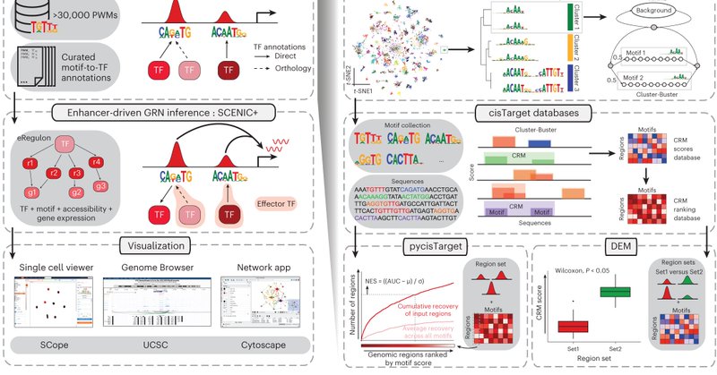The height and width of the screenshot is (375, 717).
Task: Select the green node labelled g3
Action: click(x=101, y=186)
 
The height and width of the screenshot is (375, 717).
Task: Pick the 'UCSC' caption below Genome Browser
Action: click(x=156, y=344)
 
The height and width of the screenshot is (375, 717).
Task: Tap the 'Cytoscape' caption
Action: click(x=263, y=344)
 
